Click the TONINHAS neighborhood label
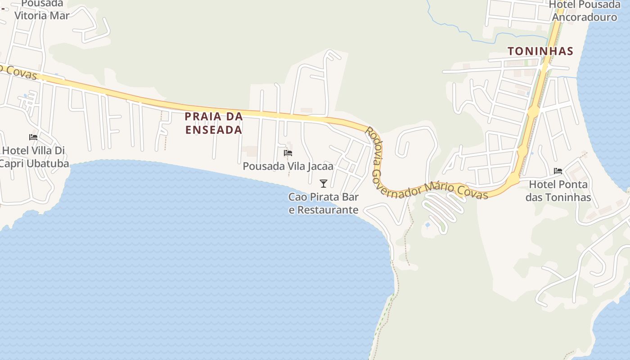(540, 51)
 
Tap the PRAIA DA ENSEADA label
(214, 123)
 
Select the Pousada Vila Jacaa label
(288, 166)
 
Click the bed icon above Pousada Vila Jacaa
(288, 153)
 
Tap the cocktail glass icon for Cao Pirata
(323, 183)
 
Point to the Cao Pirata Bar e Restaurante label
(324, 203)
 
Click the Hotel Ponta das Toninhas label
(558, 191)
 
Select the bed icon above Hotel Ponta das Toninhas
(558, 171)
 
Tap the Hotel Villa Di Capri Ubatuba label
(34, 157)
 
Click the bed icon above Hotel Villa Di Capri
(33, 137)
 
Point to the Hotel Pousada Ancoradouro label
(585, 11)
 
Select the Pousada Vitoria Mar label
(42, 9)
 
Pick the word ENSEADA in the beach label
(214, 130)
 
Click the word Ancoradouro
(585, 18)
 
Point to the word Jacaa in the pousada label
(320, 166)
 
